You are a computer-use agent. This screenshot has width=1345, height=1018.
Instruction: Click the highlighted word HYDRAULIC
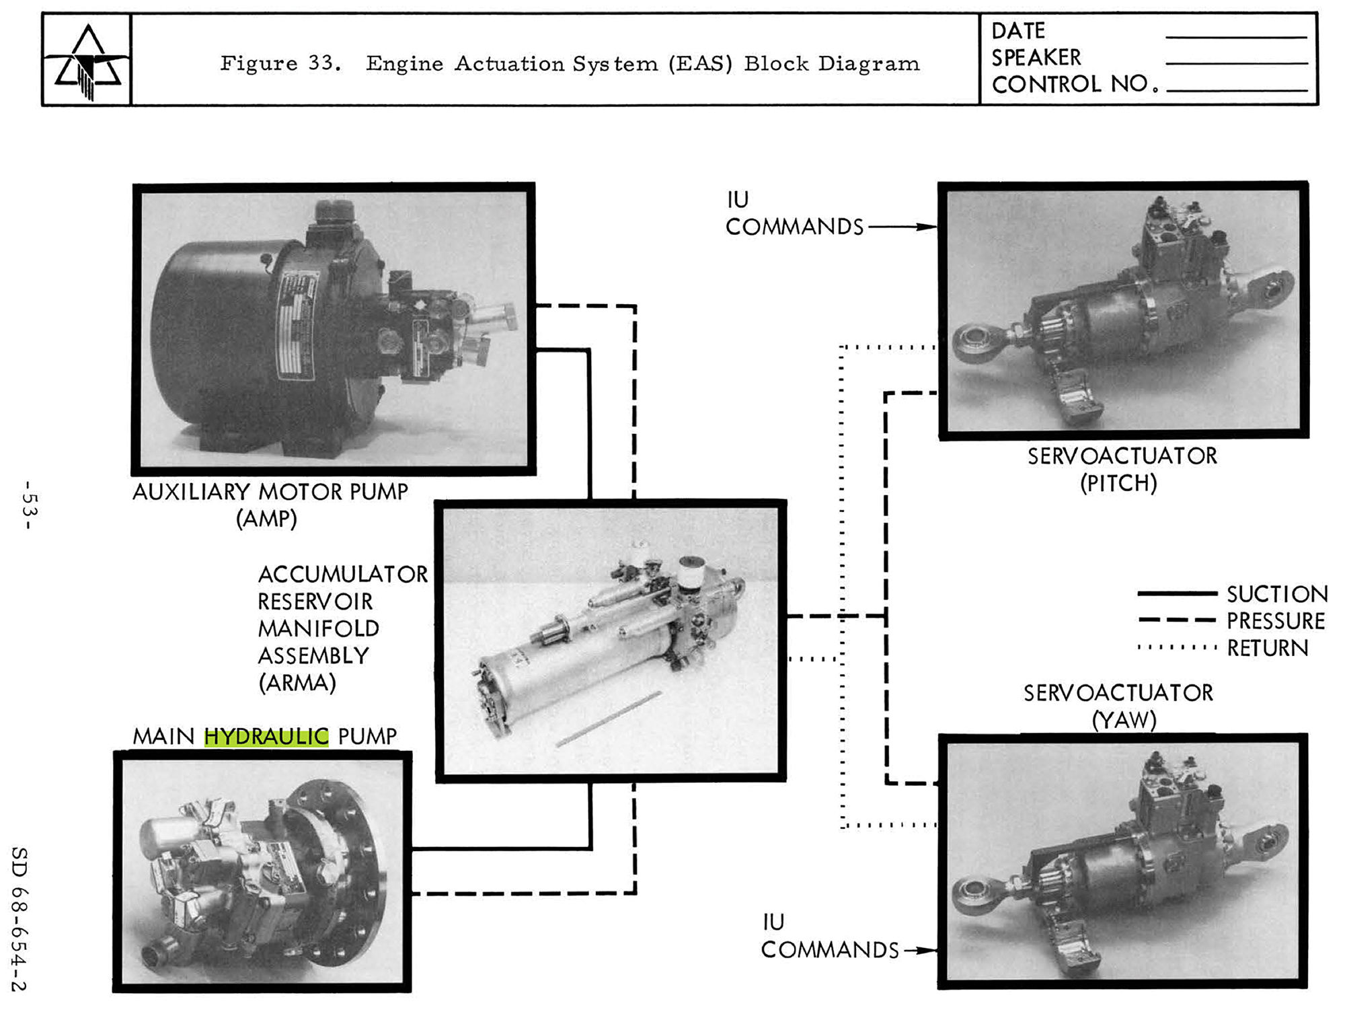pos(266,736)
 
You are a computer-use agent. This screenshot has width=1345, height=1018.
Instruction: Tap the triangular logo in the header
pos(87,61)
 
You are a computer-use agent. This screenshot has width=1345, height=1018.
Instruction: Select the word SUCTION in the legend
pos(1277,594)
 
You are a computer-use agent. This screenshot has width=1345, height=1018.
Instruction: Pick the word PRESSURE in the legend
pos(1276,620)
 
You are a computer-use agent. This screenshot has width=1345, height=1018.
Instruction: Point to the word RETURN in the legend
pos(1268,648)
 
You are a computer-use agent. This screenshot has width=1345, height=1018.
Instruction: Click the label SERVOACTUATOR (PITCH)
pos(1122,469)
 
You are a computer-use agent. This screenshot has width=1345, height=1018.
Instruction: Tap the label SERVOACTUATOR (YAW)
pos(1118,706)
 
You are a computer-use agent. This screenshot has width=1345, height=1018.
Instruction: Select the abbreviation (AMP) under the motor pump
pos(266,519)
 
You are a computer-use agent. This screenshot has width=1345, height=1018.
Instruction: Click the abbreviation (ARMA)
pos(297,683)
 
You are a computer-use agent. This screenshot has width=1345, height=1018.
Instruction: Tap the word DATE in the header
pos(1018,31)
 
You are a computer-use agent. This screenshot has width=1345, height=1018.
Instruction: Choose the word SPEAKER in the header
pos(1036,58)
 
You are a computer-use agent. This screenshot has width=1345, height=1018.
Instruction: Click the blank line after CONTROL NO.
pos(1236,89)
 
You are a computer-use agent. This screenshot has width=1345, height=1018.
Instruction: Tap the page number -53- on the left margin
pos(29,505)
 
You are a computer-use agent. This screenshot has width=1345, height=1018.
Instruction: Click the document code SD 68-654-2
pos(19,919)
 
